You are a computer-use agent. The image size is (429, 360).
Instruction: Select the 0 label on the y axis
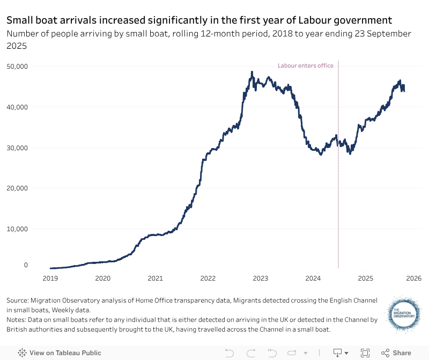[x=25, y=265]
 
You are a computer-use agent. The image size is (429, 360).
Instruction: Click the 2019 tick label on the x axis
[x=50, y=278]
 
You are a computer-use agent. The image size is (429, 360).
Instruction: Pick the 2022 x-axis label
[x=208, y=278]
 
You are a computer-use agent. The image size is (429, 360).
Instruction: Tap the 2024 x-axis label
[x=313, y=278]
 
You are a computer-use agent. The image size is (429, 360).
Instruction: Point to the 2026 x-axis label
[x=413, y=278]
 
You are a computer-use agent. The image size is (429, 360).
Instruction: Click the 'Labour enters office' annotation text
[x=305, y=66]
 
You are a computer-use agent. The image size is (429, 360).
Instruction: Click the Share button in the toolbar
[x=396, y=353]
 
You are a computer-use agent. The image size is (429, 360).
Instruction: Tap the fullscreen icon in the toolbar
[x=365, y=353]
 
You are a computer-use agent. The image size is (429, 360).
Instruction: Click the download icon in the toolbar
[x=338, y=353]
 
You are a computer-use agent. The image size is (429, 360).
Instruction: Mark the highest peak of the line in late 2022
[x=252, y=72]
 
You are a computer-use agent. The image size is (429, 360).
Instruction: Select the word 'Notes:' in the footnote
[x=18, y=320]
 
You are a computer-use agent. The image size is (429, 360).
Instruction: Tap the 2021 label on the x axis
[x=155, y=278]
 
